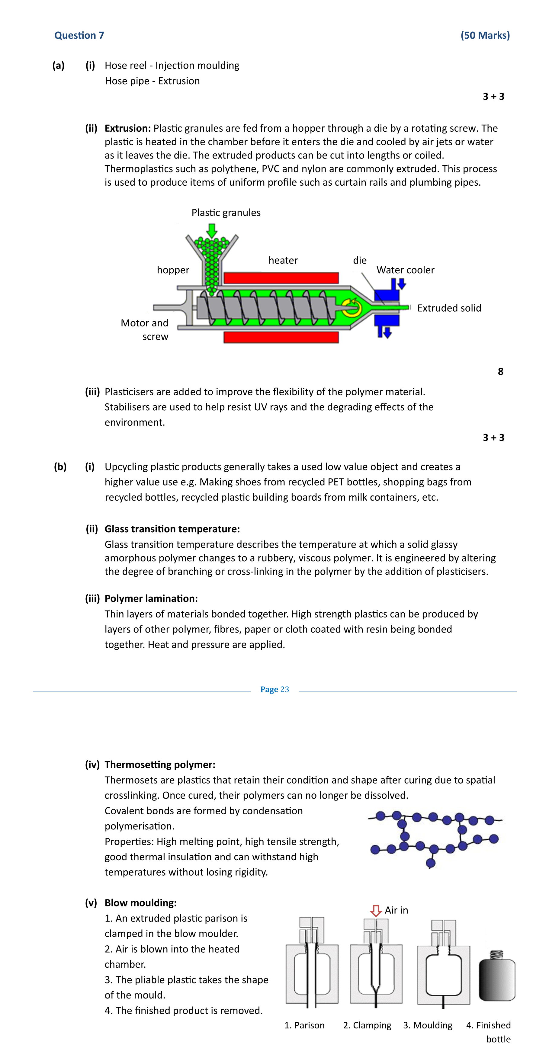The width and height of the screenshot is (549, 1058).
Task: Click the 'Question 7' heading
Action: point(79,35)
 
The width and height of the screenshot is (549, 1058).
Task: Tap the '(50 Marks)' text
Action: point(485,35)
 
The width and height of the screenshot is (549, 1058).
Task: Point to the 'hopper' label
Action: point(173,270)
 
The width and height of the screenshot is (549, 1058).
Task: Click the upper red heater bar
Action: point(281,278)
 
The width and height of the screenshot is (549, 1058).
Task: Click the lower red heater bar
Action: point(281,337)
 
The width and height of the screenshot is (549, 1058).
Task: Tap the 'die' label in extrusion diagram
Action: point(360,260)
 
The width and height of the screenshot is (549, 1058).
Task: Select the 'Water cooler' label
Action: point(405,270)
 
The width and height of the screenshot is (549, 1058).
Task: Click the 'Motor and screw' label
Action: point(145,329)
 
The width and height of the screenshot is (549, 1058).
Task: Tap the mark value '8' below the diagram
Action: point(500,371)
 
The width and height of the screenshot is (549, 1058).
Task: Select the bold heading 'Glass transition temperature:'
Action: point(172,529)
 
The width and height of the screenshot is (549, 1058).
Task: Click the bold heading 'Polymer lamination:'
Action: point(151,598)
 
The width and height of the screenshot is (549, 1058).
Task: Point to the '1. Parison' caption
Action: point(304,1025)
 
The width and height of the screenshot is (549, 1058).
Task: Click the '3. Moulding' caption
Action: point(428,1025)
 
